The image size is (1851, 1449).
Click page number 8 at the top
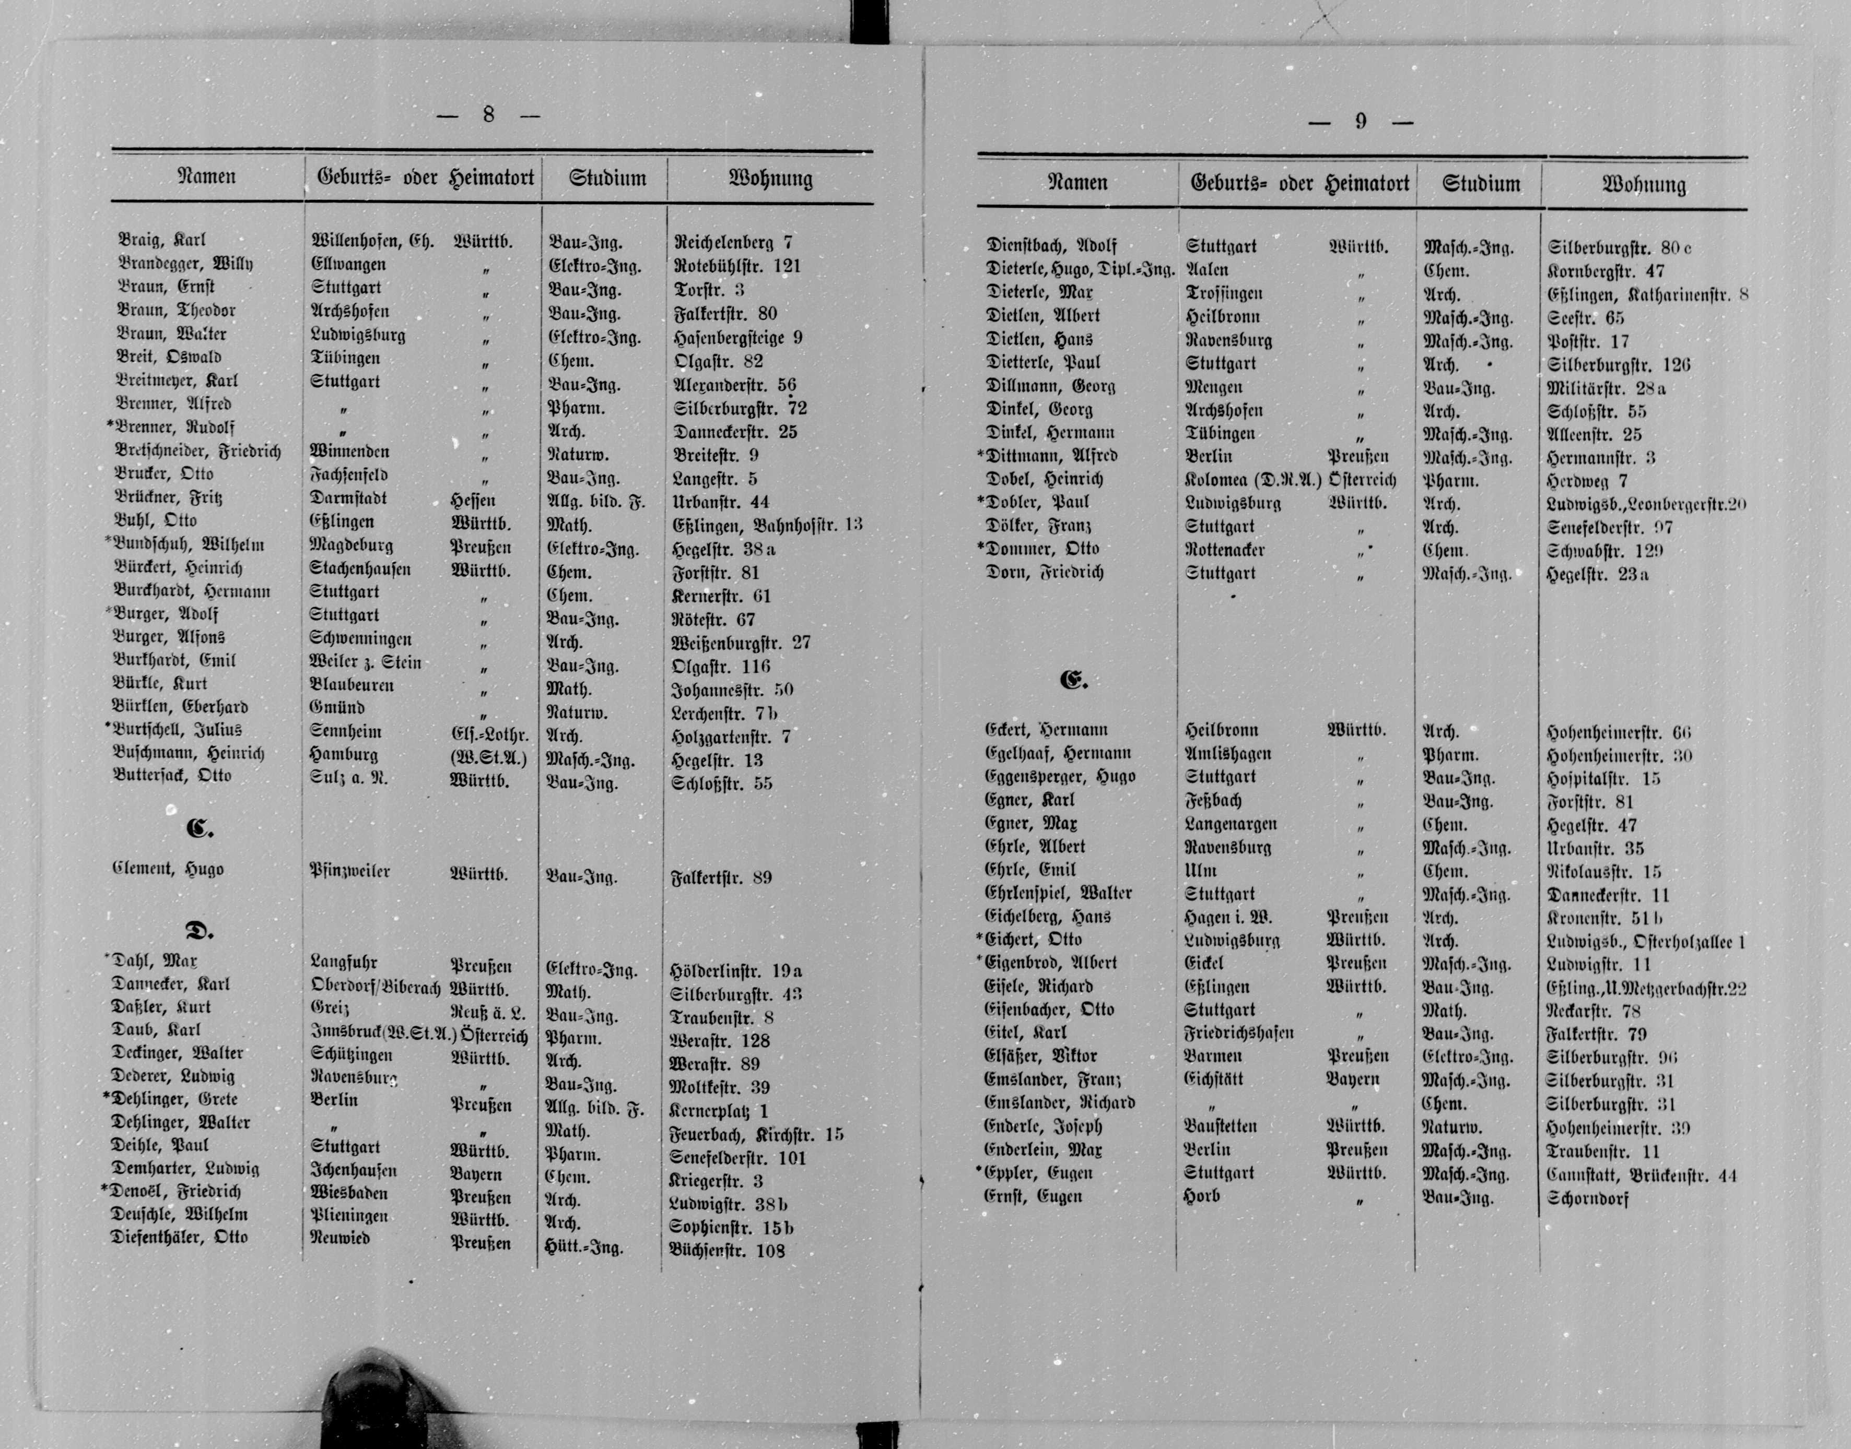pyautogui.click(x=488, y=114)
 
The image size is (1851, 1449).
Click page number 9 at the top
pyautogui.click(x=1361, y=121)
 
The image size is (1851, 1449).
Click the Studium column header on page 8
pyautogui.click(x=607, y=178)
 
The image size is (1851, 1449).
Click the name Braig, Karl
pyautogui.click(x=161, y=240)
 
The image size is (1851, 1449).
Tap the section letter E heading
pyautogui.click(x=1073, y=680)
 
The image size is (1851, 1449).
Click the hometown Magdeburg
pyautogui.click(x=352, y=544)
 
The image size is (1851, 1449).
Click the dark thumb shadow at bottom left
pyautogui.click(x=356, y=1400)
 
